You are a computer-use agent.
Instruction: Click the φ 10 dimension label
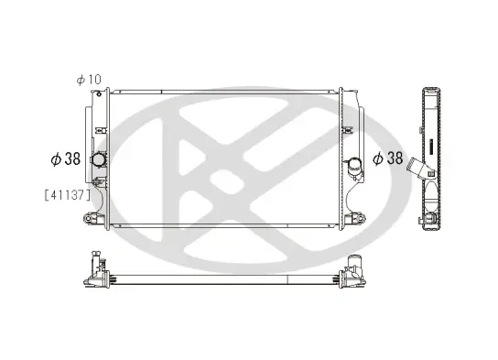coord(89,80)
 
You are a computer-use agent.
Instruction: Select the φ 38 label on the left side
coord(66,158)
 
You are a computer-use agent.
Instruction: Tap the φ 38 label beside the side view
coord(388,158)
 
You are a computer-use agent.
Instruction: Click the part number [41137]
coord(68,195)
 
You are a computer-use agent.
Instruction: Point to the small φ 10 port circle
coord(99,94)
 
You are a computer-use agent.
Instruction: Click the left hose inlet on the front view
coord(99,159)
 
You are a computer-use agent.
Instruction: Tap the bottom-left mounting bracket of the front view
coord(93,218)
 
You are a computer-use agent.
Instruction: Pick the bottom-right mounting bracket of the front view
coord(356,218)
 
